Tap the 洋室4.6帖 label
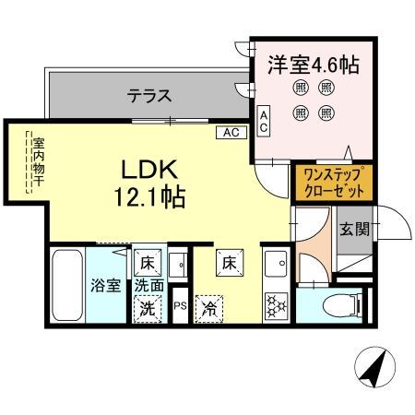coord(313,65)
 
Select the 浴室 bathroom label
coord(104,285)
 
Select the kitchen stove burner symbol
coord(275,305)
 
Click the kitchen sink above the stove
coord(274,268)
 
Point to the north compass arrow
coord(373,369)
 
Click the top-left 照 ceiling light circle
coord(301,89)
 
